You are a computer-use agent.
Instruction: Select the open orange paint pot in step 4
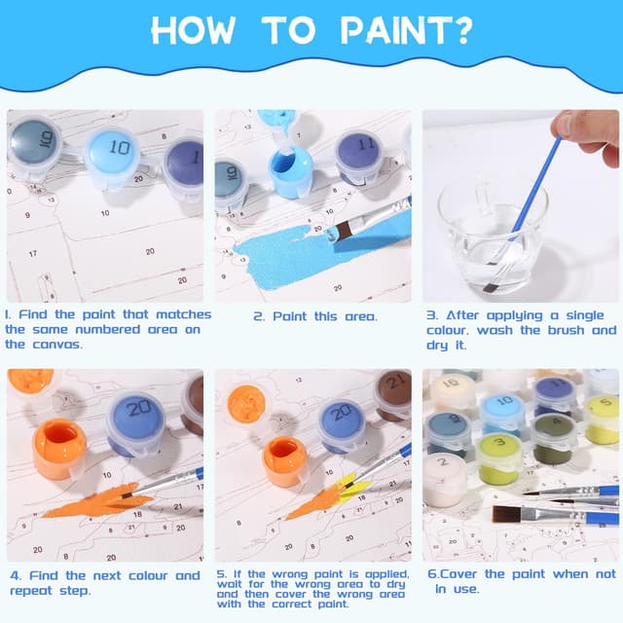pyautogui.click(x=59, y=449)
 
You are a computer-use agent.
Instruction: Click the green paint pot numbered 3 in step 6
pyautogui.click(x=500, y=458)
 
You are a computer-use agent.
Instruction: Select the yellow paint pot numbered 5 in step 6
pyautogui.click(x=602, y=420)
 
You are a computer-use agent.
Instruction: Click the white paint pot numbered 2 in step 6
pyautogui.click(x=445, y=480)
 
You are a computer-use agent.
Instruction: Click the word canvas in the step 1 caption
pyautogui.click(x=57, y=345)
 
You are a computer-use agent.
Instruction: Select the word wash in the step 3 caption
pyautogui.click(x=495, y=330)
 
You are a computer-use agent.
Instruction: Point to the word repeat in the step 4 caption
pyautogui.click(x=31, y=591)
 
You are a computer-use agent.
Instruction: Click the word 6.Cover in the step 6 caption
pyautogui.click(x=453, y=574)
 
